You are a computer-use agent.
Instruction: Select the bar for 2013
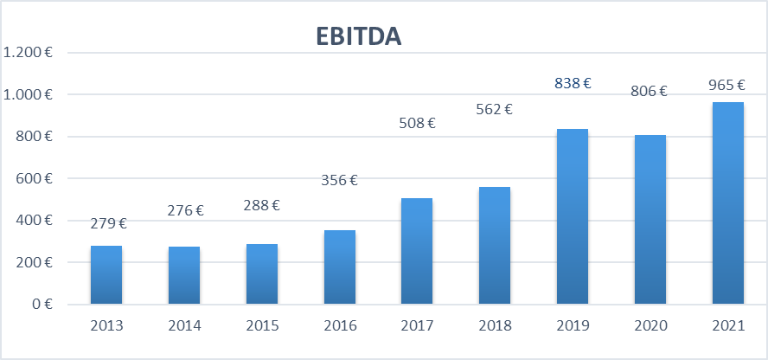106,274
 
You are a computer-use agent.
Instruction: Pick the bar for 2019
573,216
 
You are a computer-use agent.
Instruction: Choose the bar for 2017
417,251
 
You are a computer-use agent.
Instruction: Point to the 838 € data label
573,83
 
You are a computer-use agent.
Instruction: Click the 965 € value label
726,85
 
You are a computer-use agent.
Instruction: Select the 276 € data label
185,209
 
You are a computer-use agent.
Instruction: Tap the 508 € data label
417,123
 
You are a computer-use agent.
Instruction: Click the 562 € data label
494,109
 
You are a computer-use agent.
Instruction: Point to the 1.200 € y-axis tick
29,52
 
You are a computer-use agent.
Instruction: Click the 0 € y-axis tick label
41,304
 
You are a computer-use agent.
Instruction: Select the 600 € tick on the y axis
35,178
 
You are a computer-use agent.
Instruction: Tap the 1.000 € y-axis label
29,94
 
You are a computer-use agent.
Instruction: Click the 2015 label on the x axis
262,326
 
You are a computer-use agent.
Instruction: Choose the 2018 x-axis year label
495,326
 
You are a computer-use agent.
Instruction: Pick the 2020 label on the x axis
650,326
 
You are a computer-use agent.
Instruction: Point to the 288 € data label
262,205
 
